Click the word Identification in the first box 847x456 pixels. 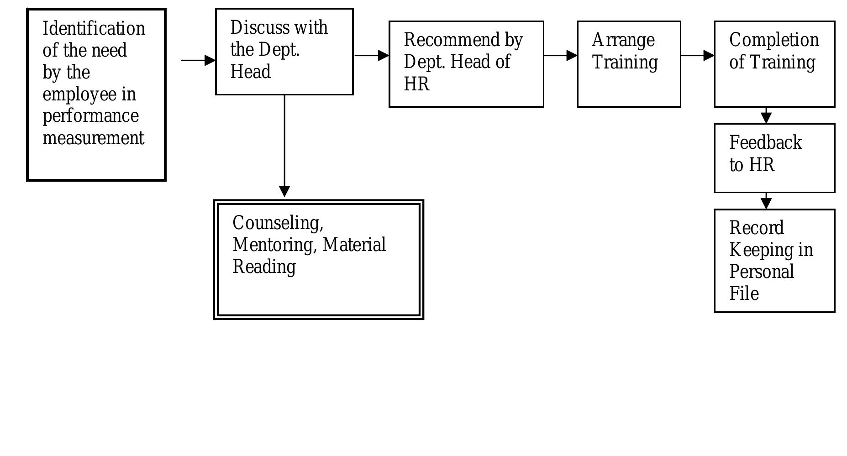click(94, 29)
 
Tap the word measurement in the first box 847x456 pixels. click(93, 138)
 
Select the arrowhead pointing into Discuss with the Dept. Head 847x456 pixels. click(210, 60)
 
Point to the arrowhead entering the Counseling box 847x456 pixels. click(284, 191)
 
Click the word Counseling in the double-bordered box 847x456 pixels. click(278, 223)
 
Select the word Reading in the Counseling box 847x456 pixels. click(264, 267)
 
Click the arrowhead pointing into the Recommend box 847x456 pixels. click(383, 56)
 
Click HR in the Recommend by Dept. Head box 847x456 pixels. click(416, 84)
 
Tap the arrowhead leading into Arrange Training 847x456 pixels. click(572, 56)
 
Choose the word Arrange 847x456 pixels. click(623, 40)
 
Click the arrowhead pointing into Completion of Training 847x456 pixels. click(709, 56)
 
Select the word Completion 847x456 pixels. click(774, 40)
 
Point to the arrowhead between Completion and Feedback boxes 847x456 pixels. click(766, 117)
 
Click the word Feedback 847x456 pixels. click(765, 143)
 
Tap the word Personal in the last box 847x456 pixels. click(762, 272)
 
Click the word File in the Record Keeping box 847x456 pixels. click(744, 294)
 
